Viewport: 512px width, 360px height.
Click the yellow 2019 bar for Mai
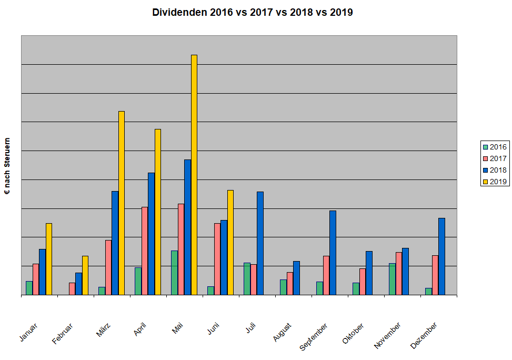pos(194,175)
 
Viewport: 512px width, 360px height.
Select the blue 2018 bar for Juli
pos(260,243)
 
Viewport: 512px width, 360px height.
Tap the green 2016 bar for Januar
pos(29,288)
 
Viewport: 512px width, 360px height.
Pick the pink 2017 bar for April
pos(145,251)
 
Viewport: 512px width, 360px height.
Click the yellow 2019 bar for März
pos(122,203)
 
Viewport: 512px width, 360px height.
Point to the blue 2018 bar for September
pos(333,253)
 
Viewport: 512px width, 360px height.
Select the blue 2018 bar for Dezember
pos(441,256)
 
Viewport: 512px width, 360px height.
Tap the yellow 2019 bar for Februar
pos(85,275)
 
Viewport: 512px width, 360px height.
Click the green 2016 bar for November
pos(392,279)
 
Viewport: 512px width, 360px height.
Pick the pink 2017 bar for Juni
pos(217,259)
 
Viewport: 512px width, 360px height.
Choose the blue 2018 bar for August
pos(296,278)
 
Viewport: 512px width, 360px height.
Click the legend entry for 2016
pos(494,147)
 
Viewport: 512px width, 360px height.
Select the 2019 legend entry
pos(494,182)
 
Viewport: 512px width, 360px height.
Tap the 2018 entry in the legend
pos(494,170)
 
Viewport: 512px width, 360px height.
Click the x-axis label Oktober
pos(353,334)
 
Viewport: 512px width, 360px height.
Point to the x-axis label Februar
pos(63,334)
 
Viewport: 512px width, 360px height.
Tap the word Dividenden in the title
pos(179,13)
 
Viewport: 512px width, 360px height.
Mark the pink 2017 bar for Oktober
pos(363,282)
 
